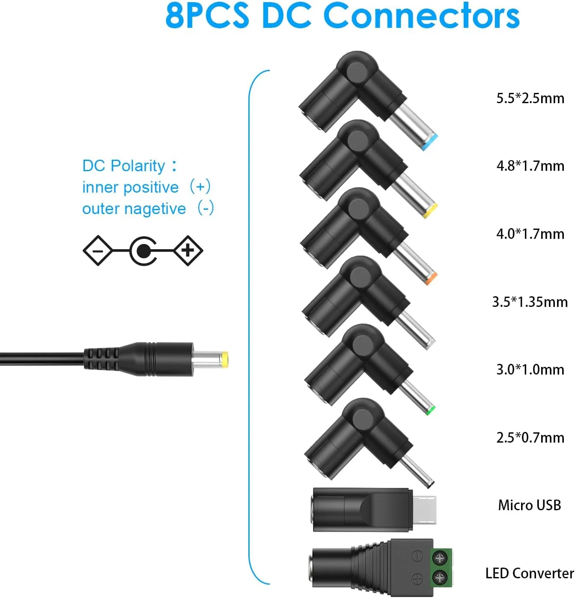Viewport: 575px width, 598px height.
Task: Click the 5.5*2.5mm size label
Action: coord(530,98)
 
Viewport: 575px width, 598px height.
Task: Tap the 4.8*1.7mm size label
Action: coord(530,166)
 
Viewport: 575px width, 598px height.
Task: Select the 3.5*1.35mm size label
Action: coord(530,302)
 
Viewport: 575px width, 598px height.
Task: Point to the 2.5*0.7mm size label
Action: coord(530,438)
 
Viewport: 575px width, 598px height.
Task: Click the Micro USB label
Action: coord(530,506)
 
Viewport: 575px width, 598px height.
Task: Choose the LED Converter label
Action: coord(530,574)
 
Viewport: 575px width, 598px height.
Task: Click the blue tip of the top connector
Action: coord(430,143)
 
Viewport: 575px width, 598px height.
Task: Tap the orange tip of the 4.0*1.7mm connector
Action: coord(431,278)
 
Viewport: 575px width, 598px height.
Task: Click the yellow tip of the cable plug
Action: coord(225,360)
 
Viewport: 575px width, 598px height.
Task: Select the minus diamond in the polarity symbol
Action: coord(97,251)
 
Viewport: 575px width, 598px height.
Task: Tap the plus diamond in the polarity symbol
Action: coord(188,251)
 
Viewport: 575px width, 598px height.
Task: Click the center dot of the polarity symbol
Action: coord(143,251)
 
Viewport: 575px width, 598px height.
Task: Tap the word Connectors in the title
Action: coord(422,15)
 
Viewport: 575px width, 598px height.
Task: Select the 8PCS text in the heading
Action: coord(208,15)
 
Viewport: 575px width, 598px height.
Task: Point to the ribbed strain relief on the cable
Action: coord(102,359)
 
